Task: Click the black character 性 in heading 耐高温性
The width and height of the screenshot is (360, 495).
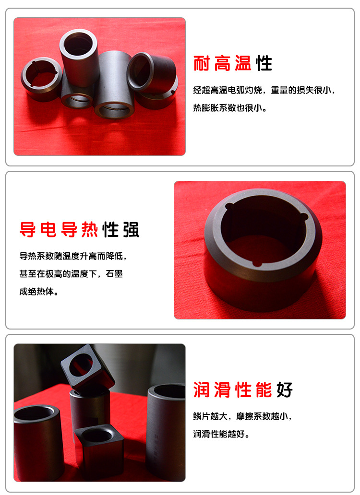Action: [264, 63]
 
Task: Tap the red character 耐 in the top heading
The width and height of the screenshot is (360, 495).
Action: [202, 63]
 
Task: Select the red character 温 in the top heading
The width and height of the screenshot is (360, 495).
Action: [243, 63]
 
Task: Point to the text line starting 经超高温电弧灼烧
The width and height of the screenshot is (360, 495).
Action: [264, 90]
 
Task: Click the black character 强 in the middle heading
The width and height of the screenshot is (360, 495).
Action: [131, 229]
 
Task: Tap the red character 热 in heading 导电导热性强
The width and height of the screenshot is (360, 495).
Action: [90, 229]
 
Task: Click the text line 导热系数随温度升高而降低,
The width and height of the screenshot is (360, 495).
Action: [73, 256]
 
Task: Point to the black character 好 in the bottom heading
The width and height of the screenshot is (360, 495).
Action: [285, 390]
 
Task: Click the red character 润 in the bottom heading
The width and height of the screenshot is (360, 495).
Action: [202, 390]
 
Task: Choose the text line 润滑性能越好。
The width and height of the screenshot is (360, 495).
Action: [221, 434]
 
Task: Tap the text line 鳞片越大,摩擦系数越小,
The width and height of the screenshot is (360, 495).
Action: [242, 416]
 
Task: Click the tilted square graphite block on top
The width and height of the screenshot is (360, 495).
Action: [87, 369]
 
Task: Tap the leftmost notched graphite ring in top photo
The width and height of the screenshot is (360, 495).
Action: [41, 80]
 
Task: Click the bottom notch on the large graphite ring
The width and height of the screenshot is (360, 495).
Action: [257, 263]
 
